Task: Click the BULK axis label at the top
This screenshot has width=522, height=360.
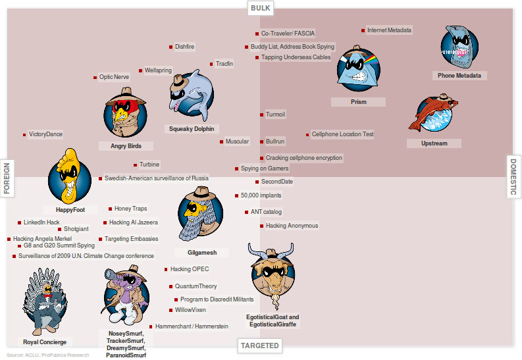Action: pos(261,8)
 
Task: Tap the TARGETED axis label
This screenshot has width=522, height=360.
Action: pos(259,346)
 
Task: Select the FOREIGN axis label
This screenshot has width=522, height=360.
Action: pos(8,178)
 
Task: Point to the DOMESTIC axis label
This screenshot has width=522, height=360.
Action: pos(514,176)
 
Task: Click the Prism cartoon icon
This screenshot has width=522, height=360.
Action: pos(357,70)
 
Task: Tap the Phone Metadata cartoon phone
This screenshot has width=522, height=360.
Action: pos(459,47)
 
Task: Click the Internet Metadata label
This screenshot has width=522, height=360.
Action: pos(389,30)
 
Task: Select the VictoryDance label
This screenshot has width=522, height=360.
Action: pos(45,134)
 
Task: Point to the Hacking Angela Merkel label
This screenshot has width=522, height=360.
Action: pos(41,239)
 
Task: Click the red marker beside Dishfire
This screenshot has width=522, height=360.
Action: pos(171,47)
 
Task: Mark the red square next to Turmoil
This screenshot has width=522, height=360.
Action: pos(262,115)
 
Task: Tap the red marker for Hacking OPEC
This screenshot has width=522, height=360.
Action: pos(167,269)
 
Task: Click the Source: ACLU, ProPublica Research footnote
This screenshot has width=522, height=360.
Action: pos(47,355)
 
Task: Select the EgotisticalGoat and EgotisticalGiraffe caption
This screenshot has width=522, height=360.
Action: pos(273,321)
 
